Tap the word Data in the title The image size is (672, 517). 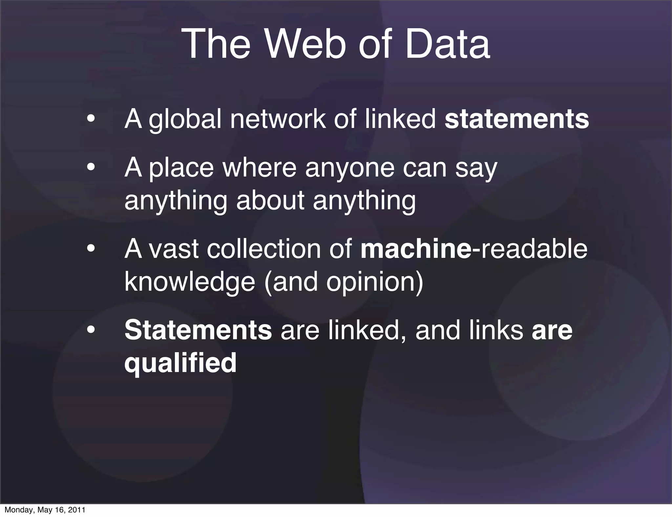[448, 44]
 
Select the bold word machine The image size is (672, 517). [416, 249]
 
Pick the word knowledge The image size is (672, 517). [190, 282]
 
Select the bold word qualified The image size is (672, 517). [180, 363]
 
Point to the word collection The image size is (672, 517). [264, 249]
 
